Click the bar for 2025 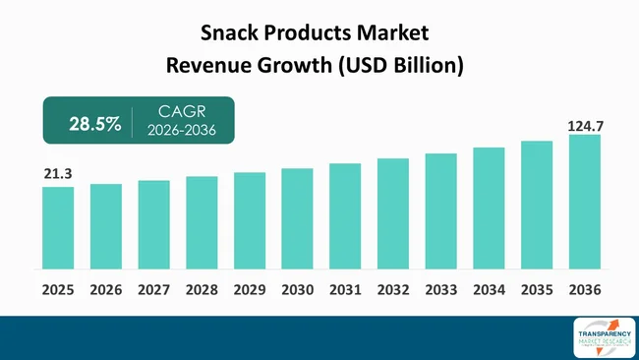click(x=58, y=227)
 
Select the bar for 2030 click(x=297, y=218)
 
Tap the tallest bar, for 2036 click(x=584, y=202)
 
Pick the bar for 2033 click(x=440, y=210)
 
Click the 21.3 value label click(x=58, y=174)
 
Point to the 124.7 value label click(x=584, y=127)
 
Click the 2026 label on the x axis click(x=106, y=290)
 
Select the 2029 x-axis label click(x=250, y=290)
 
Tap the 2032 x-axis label click(x=393, y=290)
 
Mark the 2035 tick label click(x=537, y=290)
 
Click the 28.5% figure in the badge click(x=94, y=124)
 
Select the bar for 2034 click(x=489, y=208)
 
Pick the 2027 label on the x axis click(x=153, y=290)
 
